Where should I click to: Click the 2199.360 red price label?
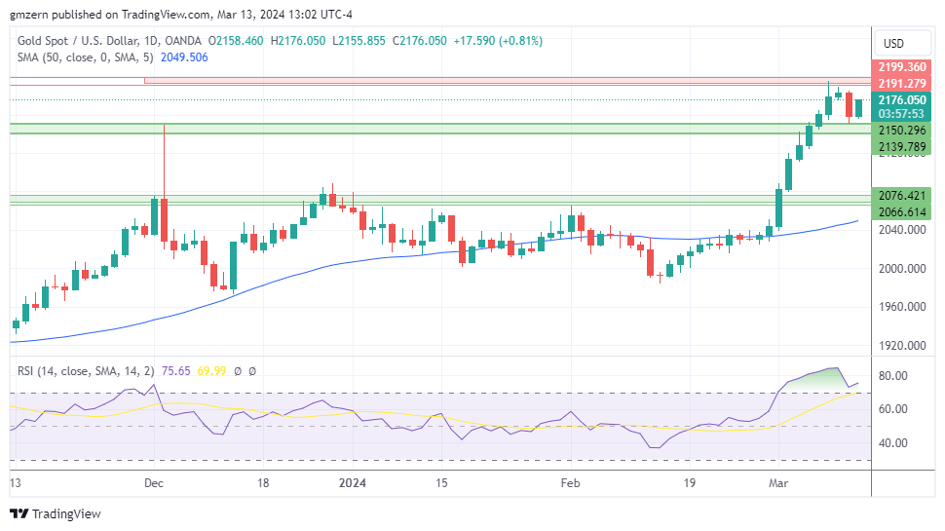tap(901, 67)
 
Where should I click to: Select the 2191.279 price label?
tap(901, 84)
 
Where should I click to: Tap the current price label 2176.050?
tap(901, 100)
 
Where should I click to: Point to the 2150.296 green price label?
tap(901, 131)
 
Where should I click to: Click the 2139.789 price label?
tap(901, 146)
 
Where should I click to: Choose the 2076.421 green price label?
tap(901, 196)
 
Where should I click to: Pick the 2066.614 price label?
tap(901, 211)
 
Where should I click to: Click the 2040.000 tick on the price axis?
tap(901, 230)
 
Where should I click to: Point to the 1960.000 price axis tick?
tap(901, 307)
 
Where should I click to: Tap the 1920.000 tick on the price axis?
tap(901, 345)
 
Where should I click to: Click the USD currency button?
tap(893, 43)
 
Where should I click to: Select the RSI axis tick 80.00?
tap(893, 376)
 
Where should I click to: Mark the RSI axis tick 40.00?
tap(893, 442)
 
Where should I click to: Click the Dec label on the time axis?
tap(153, 482)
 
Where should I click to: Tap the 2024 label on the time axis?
tap(353, 482)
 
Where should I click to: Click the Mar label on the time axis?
tap(778, 482)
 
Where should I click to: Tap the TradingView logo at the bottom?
tap(56, 513)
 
